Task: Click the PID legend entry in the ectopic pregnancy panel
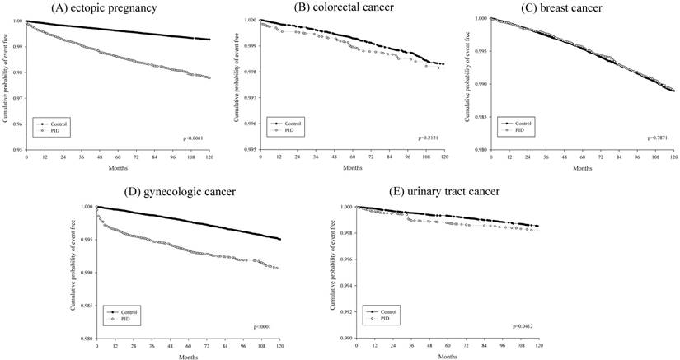[x=47, y=131]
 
